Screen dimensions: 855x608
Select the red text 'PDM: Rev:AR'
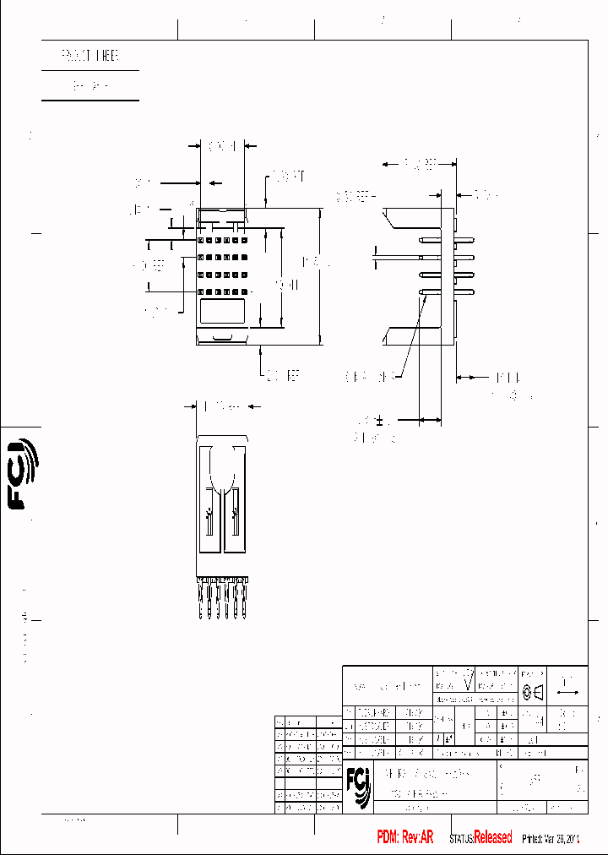[x=404, y=837]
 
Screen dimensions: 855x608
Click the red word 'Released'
[x=492, y=837]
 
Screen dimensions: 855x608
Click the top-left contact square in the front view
[x=202, y=241]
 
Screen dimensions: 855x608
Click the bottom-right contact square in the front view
[x=242, y=291]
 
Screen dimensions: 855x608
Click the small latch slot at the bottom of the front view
[x=222, y=338]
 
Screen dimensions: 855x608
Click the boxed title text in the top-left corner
[x=90, y=57]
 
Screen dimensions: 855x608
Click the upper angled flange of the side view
[x=414, y=220]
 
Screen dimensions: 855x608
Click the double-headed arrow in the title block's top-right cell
[x=567, y=691]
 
